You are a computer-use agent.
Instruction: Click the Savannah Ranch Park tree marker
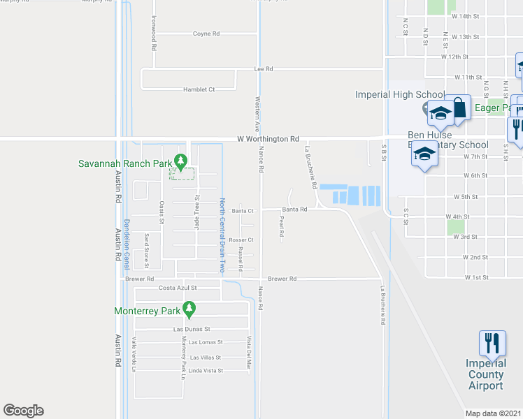click(x=181, y=161)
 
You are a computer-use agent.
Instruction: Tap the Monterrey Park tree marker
click(x=188, y=307)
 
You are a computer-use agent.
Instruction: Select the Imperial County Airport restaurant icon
click(x=492, y=343)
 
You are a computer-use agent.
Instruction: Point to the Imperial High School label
click(x=399, y=95)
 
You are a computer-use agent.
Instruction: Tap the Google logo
click(x=23, y=411)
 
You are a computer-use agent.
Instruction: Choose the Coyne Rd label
click(x=206, y=34)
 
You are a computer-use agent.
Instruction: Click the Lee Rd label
click(x=263, y=69)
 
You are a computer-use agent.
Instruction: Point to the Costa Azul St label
click(x=178, y=288)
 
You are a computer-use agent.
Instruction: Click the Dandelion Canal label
click(x=127, y=240)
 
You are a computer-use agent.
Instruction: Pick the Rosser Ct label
click(x=241, y=240)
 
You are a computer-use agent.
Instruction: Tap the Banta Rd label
click(x=295, y=209)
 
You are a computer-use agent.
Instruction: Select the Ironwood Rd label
click(x=152, y=33)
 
